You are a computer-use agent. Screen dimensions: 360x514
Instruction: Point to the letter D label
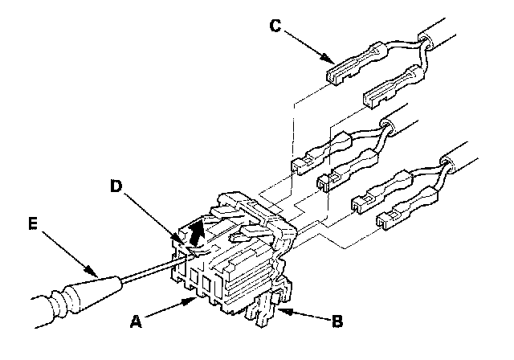116,187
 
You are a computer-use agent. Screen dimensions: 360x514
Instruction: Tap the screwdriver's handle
64,301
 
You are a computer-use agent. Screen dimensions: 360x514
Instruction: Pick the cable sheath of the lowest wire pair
482,161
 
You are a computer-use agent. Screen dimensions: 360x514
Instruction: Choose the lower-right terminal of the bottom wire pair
402,207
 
